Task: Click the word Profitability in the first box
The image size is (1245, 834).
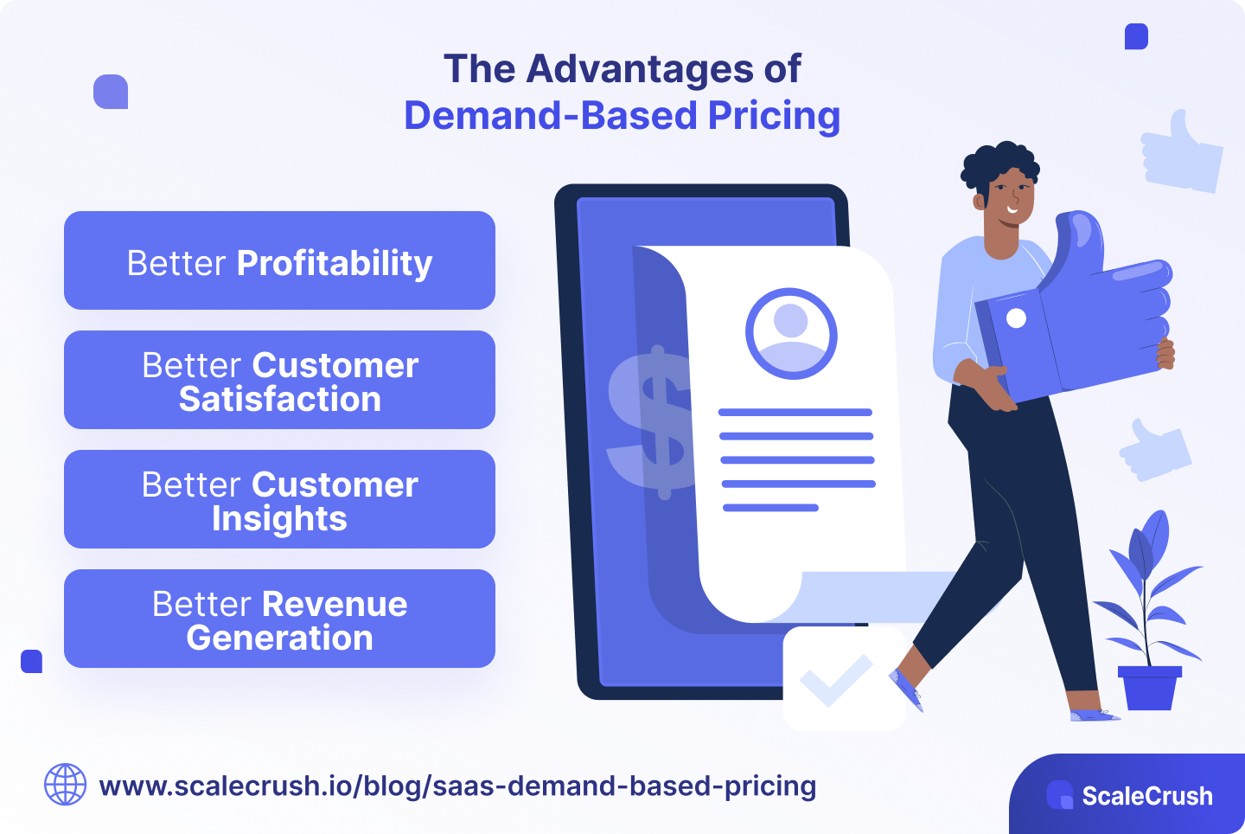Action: pyautogui.click(x=334, y=263)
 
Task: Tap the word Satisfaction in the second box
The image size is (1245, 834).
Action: pyautogui.click(x=279, y=400)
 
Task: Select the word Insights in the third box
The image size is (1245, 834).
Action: pyautogui.click(x=279, y=519)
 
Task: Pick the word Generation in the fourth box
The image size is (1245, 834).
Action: pyautogui.click(x=279, y=638)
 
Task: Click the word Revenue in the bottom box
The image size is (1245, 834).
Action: pyautogui.click(x=335, y=604)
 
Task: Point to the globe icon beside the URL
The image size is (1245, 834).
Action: pyautogui.click(x=65, y=785)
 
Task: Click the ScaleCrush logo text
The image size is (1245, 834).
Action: pyautogui.click(x=1146, y=796)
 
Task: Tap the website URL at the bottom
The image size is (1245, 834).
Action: pyautogui.click(x=457, y=786)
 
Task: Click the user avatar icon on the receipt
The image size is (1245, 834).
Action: pyautogui.click(x=791, y=333)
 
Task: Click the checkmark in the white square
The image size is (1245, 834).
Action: pyautogui.click(x=836, y=680)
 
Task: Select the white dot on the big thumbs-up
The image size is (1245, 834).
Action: pyautogui.click(x=1017, y=318)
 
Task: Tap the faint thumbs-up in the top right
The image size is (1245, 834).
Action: pyautogui.click(x=1181, y=153)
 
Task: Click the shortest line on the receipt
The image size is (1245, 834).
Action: pyautogui.click(x=770, y=508)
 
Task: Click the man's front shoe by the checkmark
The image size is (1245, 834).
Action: pyautogui.click(x=907, y=690)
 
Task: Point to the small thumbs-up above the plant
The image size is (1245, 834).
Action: pyautogui.click(x=1155, y=449)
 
